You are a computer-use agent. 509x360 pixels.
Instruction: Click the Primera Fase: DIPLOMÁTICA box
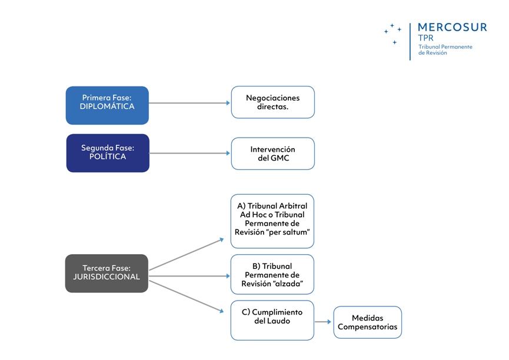(x=107, y=105)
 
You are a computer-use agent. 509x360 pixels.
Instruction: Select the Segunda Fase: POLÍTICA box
(x=108, y=153)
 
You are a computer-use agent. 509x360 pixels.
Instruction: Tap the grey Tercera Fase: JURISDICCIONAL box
(x=107, y=273)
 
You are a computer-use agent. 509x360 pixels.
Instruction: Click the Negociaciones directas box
(x=272, y=102)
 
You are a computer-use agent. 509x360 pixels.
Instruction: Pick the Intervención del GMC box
(x=272, y=154)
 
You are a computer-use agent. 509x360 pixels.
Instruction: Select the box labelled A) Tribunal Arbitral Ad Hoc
(x=272, y=221)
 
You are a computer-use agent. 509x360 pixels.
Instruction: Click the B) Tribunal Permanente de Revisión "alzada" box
(x=272, y=275)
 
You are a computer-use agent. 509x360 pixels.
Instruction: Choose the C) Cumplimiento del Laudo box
(x=272, y=321)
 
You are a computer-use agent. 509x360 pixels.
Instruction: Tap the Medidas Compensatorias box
(x=367, y=322)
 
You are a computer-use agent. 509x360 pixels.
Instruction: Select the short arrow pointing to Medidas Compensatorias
(x=323, y=322)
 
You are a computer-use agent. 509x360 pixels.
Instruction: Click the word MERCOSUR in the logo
(x=452, y=27)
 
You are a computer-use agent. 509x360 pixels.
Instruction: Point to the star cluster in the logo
(x=392, y=32)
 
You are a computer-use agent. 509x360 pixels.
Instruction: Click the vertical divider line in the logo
(x=410, y=41)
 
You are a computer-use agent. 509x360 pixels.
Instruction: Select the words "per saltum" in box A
(x=289, y=232)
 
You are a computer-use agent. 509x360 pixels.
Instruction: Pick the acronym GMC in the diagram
(x=280, y=158)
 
